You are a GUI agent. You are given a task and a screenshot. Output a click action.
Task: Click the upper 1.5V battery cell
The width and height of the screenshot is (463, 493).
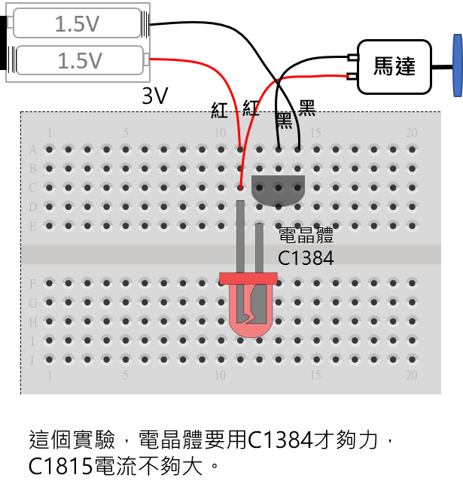tap(77, 23)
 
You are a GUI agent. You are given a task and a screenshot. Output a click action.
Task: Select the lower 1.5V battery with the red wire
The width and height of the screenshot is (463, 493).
tap(80, 60)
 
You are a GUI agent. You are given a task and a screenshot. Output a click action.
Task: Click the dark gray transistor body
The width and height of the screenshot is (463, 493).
tap(278, 190)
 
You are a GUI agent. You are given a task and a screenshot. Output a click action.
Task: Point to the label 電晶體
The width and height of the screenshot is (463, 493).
tap(305, 235)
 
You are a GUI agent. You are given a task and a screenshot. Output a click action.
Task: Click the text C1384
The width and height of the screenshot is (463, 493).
tap(306, 258)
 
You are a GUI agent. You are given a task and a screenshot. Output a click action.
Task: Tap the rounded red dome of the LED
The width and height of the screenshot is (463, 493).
tap(249, 316)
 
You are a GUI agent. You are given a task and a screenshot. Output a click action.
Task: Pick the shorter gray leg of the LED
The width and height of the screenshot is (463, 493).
tap(258, 248)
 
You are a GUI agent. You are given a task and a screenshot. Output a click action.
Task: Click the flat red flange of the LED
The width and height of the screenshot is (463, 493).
tap(248, 278)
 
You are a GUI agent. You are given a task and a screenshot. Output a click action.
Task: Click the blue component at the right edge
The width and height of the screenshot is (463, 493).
tap(457, 65)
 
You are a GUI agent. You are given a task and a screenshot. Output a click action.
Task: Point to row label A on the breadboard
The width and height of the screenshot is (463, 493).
tap(32, 150)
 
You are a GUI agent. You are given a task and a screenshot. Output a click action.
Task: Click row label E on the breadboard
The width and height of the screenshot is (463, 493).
tap(32, 226)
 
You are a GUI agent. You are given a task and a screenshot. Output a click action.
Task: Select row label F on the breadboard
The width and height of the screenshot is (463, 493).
tap(32, 284)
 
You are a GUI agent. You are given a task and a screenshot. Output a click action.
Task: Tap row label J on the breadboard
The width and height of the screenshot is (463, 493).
tap(32, 360)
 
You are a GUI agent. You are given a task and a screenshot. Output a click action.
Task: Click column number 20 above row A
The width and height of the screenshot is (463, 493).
tap(411, 133)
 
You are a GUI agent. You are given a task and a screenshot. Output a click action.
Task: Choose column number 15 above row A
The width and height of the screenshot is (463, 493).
tap(315, 133)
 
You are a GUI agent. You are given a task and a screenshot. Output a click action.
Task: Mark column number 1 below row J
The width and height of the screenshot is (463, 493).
tap(50, 375)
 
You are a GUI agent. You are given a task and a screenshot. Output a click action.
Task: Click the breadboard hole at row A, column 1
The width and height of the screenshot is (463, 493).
tap(50, 150)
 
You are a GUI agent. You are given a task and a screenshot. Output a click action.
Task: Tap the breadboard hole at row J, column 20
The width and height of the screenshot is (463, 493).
tap(411, 360)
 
